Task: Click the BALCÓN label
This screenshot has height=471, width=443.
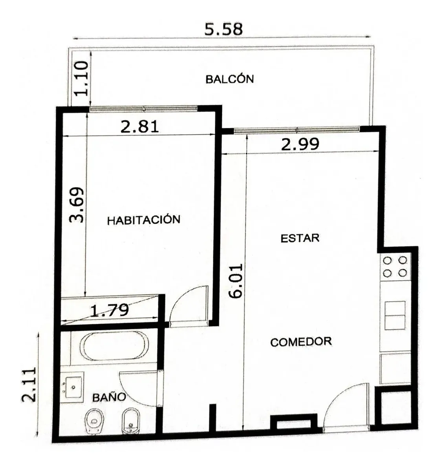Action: tap(230, 79)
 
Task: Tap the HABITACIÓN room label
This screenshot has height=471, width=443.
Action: tap(144, 220)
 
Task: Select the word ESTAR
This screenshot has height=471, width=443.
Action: tap(300, 238)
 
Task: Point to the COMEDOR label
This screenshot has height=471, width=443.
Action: tap(301, 342)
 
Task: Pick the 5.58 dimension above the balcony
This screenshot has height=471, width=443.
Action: tap(223, 29)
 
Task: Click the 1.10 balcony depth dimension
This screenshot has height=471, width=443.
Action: tap(81, 78)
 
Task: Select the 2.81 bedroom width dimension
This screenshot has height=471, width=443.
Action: tap(139, 126)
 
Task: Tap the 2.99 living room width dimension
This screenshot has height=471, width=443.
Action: tap(300, 144)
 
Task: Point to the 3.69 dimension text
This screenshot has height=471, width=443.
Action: tap(77, 205)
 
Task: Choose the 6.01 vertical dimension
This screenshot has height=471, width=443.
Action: tap(236, 281)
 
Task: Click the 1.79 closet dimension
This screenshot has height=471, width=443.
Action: tap(110, 310)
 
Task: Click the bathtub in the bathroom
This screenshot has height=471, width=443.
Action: tap(114, 345)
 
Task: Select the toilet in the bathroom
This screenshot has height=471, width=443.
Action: tap(95, 422)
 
